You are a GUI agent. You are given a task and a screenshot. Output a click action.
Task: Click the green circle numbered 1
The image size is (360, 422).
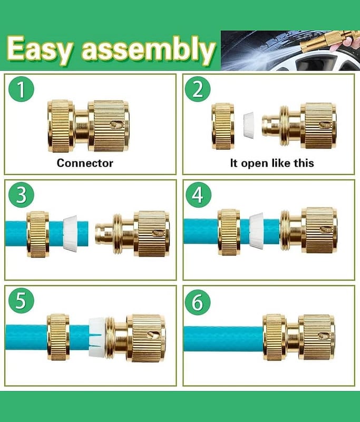(x=21, y=89)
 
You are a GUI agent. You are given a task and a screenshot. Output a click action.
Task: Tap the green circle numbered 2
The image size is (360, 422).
(x=198, y=89)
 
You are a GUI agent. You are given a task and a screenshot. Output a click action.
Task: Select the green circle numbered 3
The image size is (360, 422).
(x=21, y=195)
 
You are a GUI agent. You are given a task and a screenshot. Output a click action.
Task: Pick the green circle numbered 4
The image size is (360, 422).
(x=198, y=195)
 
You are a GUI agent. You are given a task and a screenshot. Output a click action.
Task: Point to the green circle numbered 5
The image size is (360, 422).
(x=21, y=301)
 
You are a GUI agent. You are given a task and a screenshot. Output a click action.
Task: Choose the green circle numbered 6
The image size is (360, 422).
(x=198, y=301)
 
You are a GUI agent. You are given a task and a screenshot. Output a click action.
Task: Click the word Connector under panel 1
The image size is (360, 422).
(x=85, y=163)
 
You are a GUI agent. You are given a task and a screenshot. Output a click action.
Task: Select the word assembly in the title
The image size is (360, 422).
(x=149, y=50)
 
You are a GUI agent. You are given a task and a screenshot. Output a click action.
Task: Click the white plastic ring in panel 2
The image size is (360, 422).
(x=248, y=126)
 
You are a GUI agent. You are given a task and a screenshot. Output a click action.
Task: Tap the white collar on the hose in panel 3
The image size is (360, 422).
(x=71, y=233)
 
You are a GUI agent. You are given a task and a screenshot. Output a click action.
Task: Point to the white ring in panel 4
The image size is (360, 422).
(x=256, y=229)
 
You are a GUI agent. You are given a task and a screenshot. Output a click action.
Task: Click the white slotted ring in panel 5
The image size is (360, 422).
(x=96, y=338)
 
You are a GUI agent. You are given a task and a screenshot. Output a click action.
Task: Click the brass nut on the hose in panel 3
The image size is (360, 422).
(x=38, y=234)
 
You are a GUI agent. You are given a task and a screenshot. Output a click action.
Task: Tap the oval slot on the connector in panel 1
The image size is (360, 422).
(x=116, y=124)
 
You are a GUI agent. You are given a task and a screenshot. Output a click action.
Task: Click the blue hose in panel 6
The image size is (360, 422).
(x=223, y=339)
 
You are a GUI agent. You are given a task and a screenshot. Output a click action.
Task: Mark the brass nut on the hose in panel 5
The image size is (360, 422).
(x=59, y=337)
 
